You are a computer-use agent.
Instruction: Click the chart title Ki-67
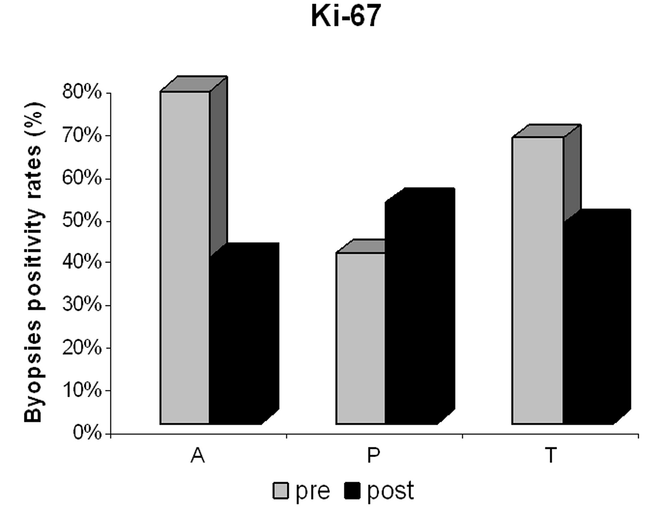(x=345, y=16)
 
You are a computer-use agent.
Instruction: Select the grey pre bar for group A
(x=185, y=257)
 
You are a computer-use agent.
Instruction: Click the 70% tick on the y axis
(x=83, y=135)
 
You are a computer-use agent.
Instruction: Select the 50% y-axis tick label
(x=83, y=221)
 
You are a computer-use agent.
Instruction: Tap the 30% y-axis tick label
(x=83, y=305)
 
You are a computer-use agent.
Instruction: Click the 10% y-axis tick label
(x=83, y=390)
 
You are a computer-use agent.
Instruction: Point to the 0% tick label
(x=87, y=433)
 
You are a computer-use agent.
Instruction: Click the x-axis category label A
(x=198, y=456)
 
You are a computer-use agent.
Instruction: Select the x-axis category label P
(x=374, y=456)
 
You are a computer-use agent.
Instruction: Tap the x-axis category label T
(x=550, y=456)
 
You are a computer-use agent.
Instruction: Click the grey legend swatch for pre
(x=281, y=491)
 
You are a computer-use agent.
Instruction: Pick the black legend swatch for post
(x=352, y=491)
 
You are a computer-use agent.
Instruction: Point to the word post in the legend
(x=390, y=491)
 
